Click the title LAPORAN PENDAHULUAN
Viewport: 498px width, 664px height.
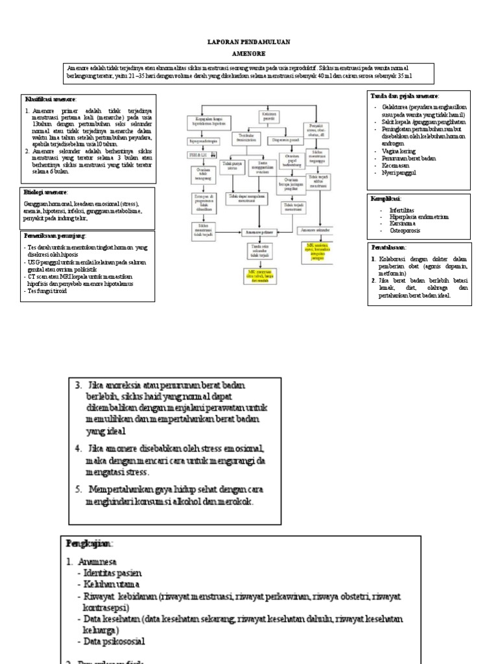248,41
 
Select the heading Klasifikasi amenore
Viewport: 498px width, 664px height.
51,99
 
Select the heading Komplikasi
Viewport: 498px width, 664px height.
386,198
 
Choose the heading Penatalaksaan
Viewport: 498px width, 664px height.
390,247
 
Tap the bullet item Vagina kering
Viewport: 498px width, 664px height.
399,150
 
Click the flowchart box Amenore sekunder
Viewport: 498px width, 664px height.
316,230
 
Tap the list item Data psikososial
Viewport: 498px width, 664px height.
110,641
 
